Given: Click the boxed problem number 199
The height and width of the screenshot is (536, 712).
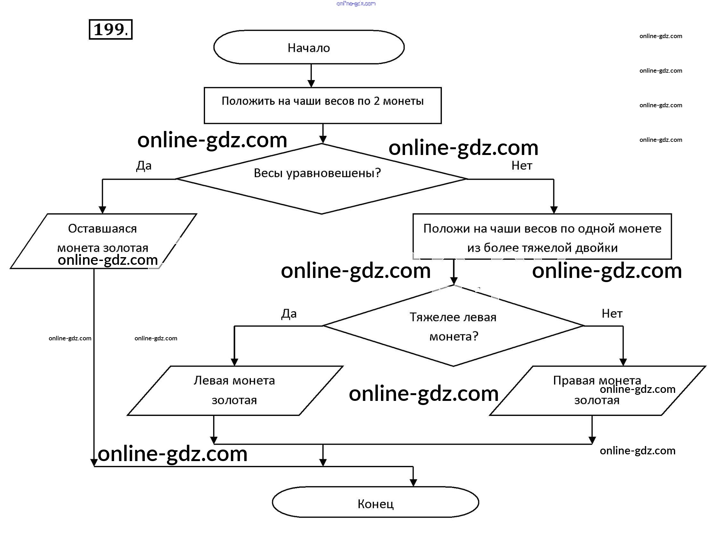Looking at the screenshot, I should (x=111, y=29).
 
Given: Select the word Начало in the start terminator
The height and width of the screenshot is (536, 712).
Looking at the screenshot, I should (x=309, y=48).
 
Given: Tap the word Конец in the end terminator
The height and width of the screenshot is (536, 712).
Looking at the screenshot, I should (x=375, y=504).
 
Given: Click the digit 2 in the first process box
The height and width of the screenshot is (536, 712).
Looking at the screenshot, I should (x=376, y=101).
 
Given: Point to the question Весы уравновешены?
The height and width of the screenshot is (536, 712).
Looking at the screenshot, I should (x=317, y=173).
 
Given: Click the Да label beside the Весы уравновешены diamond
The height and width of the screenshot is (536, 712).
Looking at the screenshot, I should (x=144, y=166).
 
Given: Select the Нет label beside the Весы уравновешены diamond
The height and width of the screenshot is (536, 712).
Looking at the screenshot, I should (x=521, y=166).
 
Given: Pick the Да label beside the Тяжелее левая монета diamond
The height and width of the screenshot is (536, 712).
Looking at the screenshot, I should (x=289, y=314).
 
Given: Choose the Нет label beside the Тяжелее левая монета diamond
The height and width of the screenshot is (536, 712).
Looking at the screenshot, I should (x=612, y=314).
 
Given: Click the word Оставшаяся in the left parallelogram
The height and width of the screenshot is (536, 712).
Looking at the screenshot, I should (x=102, y=229).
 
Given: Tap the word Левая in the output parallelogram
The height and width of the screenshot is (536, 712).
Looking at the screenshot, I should (x=211, y=381).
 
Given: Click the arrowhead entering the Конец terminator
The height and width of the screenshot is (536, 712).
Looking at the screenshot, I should (x=413, y=483).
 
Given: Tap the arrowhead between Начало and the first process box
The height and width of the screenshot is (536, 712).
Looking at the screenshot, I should (x=311, y=83).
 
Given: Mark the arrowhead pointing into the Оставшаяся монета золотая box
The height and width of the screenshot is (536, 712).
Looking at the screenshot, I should (x=102, y=210).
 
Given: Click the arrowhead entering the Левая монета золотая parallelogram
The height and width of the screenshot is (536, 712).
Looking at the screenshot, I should (x=234, y=362).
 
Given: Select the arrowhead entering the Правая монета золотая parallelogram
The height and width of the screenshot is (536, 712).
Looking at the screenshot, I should (x=623, y=362).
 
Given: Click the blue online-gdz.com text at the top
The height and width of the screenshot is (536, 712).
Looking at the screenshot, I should (x=356, y=4).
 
